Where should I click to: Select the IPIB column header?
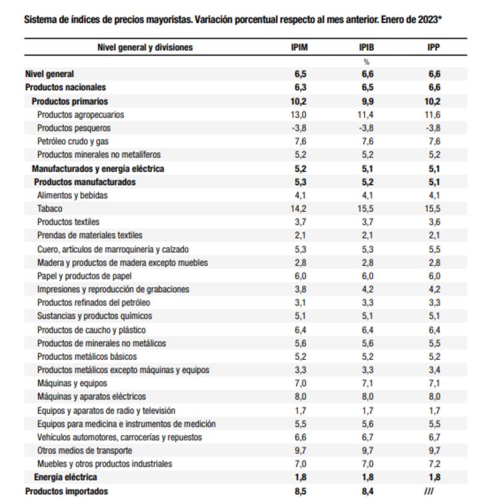(367, 47)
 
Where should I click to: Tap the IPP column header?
(434, 47)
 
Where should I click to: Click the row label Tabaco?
(50, 208)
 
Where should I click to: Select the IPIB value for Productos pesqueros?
(367, 128)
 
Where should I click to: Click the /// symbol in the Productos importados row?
(428, 491)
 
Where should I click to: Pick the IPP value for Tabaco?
(434, 208)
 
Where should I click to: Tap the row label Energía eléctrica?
(65, 477)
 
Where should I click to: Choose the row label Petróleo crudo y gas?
(73, 141)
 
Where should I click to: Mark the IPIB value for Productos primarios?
(367, 101)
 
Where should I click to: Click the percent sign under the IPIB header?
(367, 61)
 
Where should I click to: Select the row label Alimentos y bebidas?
(73, 195)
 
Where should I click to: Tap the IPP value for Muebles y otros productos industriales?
(434, 464)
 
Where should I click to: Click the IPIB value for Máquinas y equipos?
(367, 383)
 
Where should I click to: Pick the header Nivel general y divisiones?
(145, 47)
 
